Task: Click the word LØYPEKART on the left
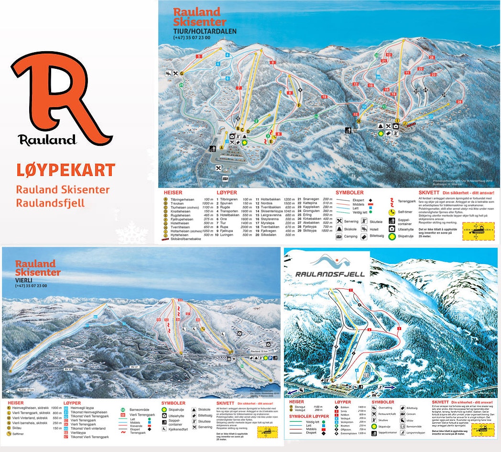tap(65, 170)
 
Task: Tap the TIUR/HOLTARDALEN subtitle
tap(205, 31)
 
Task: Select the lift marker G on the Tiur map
tap(182, 73)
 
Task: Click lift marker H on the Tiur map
tap(359, 121)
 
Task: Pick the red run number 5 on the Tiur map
tap(198, 56)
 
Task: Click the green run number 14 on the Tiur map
tap(316, 116)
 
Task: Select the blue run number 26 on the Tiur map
tap(378, 77)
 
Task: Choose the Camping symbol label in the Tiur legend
tap(350, 236)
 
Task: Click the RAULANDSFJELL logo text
tap(330, 274)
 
